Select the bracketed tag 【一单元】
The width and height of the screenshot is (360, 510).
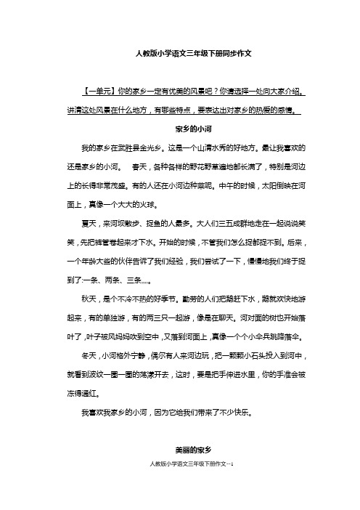tap(98, 92)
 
